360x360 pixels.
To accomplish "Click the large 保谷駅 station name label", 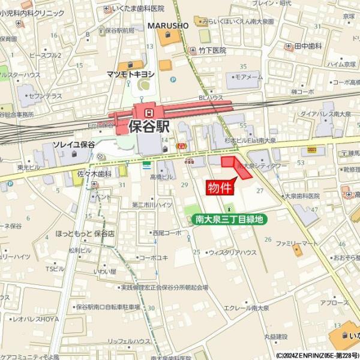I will (x=149, y=127).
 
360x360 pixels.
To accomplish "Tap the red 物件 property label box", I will (x=220, y=188).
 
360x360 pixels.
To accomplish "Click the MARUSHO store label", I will (x=168, y=26).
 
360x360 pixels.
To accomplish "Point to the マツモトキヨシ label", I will (x=131, y=74).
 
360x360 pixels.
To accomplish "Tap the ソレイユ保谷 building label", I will (x=74, y=145).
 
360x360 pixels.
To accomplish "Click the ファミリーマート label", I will (x=297, y=243).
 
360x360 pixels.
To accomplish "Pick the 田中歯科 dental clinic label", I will (x=309, y=46).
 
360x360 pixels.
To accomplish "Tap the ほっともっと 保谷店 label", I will (x=85, y=233).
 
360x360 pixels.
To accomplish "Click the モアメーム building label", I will (x=248, y=77).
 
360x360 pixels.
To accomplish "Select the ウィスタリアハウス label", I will (x=233, y=253).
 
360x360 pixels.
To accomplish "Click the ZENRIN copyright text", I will (x=317, y=355).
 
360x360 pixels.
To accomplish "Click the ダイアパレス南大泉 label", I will (x=326, y=113).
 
